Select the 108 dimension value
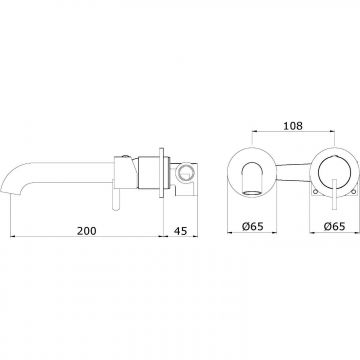click(x=293, y=126)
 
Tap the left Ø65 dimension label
click(x=253, y=227)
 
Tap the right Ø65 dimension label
click(x=334, y=227)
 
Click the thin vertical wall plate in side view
click(x=162, y=173)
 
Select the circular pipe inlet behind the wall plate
click(x=184, y=173)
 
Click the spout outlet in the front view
click(x=252, y=193)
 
